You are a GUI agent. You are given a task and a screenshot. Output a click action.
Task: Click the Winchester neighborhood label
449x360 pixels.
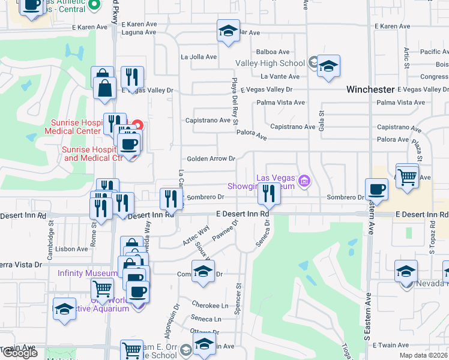[370, 89]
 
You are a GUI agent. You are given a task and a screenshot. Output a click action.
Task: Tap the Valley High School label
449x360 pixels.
[270, 63]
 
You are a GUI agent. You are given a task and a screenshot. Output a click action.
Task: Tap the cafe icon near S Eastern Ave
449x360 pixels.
[376, 189]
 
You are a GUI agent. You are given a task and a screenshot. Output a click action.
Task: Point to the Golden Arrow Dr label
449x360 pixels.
[211, 158]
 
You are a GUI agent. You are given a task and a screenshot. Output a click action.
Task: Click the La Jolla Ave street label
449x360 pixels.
[199, 57]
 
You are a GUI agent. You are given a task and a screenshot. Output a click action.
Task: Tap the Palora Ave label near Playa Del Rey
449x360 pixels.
[252, 137]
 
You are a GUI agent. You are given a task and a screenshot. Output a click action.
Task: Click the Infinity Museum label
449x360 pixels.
[88, 273]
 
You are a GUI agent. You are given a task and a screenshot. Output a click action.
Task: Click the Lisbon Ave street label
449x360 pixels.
[71, 249]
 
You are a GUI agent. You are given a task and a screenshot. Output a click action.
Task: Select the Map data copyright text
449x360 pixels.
[424, 355]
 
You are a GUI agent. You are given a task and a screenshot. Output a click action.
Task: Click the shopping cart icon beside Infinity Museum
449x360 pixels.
[102, 289]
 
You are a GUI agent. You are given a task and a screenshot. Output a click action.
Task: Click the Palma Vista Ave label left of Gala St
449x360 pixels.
[281, 103]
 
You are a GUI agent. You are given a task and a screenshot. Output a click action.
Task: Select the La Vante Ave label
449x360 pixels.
[280, 76]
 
